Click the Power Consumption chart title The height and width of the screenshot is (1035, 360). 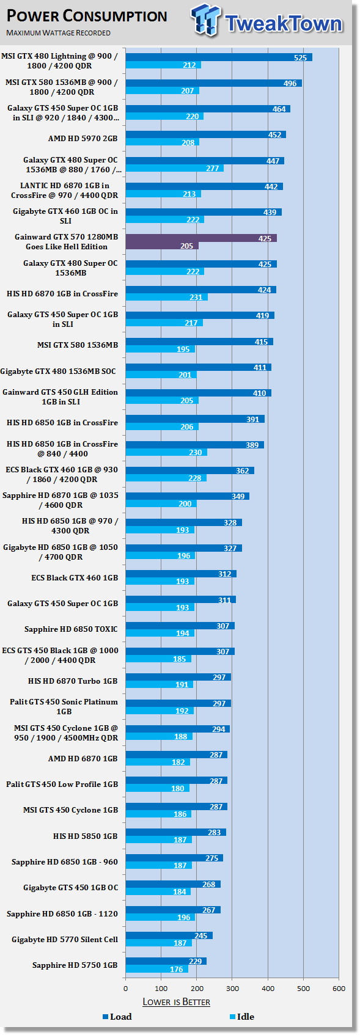87,16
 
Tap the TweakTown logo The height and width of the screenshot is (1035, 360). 267,20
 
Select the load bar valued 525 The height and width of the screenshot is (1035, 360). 219,57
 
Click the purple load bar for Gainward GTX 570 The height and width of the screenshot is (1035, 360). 201,238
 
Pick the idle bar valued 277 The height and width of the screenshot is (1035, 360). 174,168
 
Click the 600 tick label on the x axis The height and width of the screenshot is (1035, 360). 339,989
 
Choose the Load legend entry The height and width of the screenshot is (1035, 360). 117,1017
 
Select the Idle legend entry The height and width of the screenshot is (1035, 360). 241,1017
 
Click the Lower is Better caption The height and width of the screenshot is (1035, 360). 176,1002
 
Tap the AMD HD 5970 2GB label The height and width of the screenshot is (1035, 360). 83,138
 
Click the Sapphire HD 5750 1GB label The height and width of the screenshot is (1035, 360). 75,965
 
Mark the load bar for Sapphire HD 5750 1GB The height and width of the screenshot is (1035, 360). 166,961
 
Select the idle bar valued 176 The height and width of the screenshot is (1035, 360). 156,969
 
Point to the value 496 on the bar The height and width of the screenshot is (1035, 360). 290,84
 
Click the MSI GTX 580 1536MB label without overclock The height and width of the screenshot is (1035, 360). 78,345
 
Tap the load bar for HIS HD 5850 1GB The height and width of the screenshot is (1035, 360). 175,832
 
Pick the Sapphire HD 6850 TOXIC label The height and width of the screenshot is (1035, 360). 71,629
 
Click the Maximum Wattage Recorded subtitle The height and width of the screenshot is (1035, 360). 58,33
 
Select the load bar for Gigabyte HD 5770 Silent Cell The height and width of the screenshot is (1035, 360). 169,935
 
